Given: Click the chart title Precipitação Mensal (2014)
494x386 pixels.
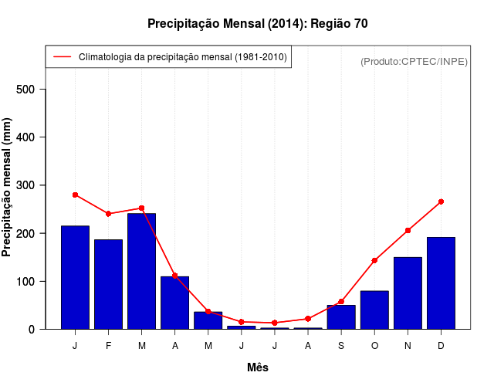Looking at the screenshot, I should [x=257, y=24].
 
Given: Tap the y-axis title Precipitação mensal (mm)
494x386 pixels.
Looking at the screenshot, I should [x=7, y=188].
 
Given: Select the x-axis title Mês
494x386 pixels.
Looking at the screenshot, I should [x=258, y=367].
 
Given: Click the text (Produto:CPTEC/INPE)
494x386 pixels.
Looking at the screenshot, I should [x=414, y=61].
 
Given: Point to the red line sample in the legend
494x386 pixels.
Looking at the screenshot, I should [x=62, y=57].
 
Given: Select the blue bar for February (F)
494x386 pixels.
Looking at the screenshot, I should [x=108, y=284].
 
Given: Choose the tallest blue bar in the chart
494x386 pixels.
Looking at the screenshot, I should [x=141, y=271].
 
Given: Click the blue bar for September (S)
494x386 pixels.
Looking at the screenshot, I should [x=341, y=317].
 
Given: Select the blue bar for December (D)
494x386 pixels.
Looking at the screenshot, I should [x=441, y=283].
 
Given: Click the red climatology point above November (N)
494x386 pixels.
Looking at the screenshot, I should [x=408, y=230].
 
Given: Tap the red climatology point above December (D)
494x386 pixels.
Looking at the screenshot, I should [x=441, y=201].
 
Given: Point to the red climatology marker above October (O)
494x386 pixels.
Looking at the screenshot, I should [x=374, y=260].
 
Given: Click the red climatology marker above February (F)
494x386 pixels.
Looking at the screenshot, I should [x=108, y=213].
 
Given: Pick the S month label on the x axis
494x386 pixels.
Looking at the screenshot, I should [x=341, y=346].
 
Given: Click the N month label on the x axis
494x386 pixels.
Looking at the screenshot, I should [x=408, y=346].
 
